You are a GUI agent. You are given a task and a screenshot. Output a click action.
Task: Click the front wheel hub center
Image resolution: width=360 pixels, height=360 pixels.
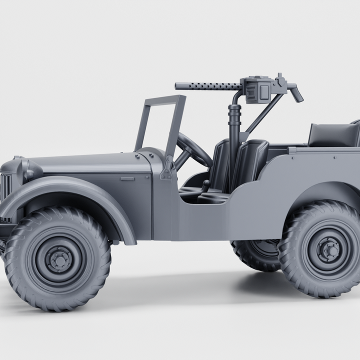click(x=58, y=259)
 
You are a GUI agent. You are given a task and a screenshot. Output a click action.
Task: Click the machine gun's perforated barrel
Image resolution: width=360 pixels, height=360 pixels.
click(x=207, y=86)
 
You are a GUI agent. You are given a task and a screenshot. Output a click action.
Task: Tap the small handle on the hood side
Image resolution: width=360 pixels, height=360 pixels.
click(x=127, y=178)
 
